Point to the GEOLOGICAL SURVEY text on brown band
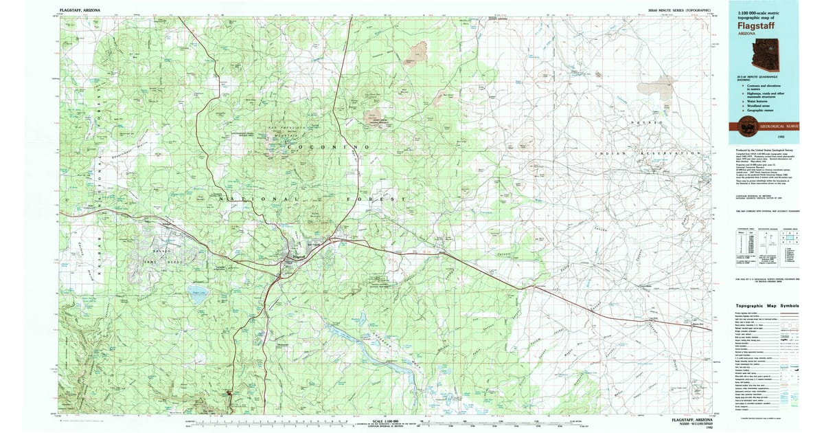coord(779,126)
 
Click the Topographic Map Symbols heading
coord(767,306)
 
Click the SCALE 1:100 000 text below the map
coord(387,421)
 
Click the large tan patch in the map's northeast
coord(656,86)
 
